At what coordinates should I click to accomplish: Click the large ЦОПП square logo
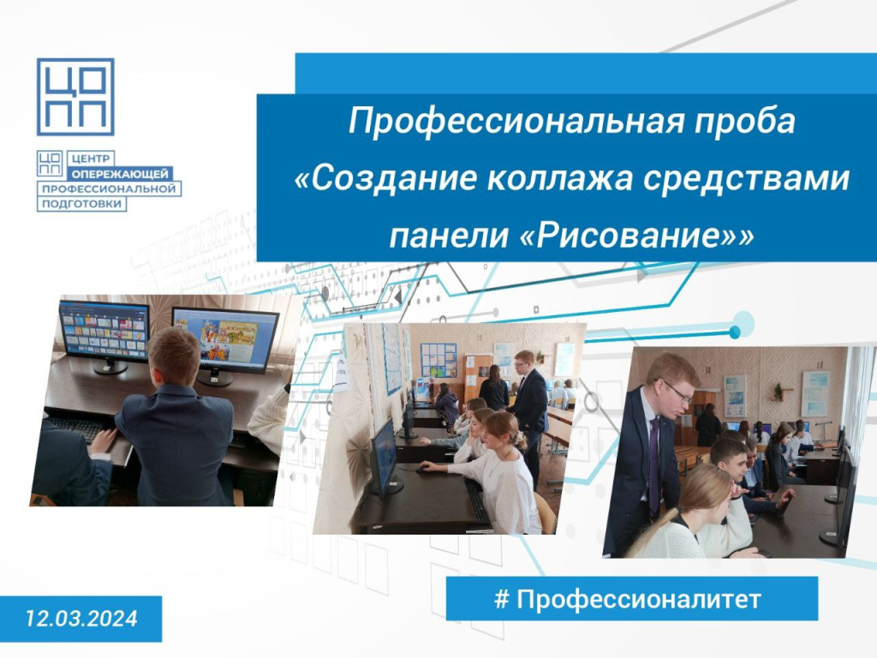[x=75, y=97]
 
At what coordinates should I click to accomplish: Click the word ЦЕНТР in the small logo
[x=91, y=159]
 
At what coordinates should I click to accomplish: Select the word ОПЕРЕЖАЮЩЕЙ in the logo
[x=120, y=174]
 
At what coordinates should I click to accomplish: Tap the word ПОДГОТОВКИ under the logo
[x=81, y=204]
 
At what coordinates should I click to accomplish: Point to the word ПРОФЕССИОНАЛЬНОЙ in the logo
[x=109, y=188]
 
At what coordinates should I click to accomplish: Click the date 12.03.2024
[x=81, y=619]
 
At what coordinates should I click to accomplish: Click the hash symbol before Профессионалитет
[x=502, y=599]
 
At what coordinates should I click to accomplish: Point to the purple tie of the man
[x=653, y=464]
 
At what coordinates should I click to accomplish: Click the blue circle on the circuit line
[x=736, y=332]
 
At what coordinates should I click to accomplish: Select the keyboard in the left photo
[x=76, y=428]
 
